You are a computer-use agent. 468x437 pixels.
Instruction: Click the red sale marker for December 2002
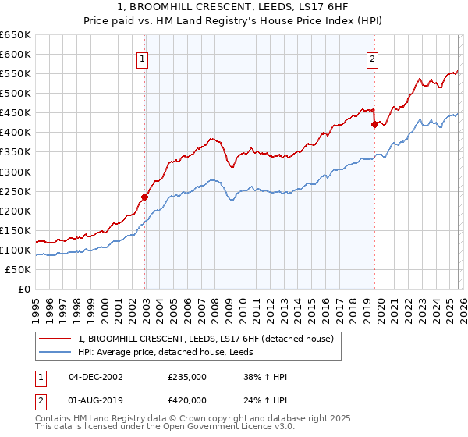click(x=145, y=197)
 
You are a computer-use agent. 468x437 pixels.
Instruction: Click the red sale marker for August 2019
click(x=375, y=124)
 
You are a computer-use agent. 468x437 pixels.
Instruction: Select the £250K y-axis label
click(x=16, y=191)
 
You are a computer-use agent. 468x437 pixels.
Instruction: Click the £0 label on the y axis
click(x=25, y=289)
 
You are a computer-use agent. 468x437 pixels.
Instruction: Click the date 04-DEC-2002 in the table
click(x=95, y=377)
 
